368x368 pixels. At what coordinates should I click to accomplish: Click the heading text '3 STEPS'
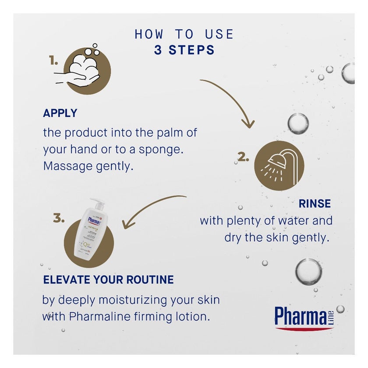pos(184,50)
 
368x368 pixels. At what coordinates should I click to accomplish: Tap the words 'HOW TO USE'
pos(184,34)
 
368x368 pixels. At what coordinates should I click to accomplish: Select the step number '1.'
pos(53,62)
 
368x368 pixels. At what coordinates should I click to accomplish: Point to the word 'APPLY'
pos(60,113)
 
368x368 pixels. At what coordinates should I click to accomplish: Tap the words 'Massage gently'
pos(87,166)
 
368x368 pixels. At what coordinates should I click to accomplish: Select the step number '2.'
pos(243,156)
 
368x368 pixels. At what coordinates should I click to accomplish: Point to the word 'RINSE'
pos(315,204)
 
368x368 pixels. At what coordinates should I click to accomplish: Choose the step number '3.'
pos(59,218)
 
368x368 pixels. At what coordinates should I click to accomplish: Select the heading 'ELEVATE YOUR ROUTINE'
pos(108,280)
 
